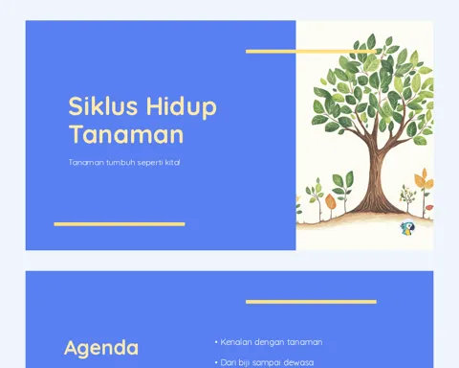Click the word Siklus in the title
(102, 105)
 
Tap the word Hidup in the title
(182, 107)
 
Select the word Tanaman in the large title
(126, 134)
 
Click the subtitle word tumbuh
(120, 162)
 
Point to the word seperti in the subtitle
(150, 163)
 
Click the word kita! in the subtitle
(172, 162)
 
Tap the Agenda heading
(101, 348)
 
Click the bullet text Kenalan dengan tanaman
(272, 342)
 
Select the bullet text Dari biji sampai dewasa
(267, 362)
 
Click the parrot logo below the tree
(407, 229)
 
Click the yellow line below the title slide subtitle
(120, 224)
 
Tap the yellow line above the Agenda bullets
(311, 302)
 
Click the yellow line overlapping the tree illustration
(311, 52)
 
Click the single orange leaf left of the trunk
(330, 202)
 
